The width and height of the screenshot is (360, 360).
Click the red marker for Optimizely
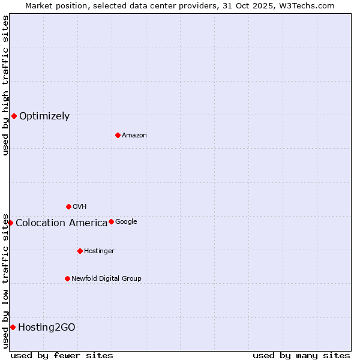(14, 116)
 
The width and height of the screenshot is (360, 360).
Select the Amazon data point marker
(118, 135)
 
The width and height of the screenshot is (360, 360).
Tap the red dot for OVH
(68, 206)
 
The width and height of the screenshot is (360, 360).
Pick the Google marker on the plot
(111, 221)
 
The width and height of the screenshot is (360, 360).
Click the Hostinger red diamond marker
(80, 251)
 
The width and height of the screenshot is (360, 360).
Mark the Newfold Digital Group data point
(67, 278)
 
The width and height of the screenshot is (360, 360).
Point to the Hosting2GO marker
(13, 327)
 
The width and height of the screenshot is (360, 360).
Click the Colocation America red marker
(10, 223)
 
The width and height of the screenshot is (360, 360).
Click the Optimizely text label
(44, 116)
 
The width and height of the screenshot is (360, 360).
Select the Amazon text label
(134, 136)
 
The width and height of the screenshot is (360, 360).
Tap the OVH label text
(79, 207)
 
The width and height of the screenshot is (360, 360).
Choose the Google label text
(126, 222)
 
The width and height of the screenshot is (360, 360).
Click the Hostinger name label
(99, 251)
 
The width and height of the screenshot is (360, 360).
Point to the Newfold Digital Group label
(106, 279)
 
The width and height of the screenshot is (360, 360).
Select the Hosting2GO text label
(47, 328)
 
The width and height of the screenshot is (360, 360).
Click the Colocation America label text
(61, 223)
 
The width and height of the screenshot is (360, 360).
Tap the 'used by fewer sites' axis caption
(62, 355)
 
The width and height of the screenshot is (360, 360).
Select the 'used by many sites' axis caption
(301, 355)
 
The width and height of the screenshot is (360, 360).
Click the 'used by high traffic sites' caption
(5, 85)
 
